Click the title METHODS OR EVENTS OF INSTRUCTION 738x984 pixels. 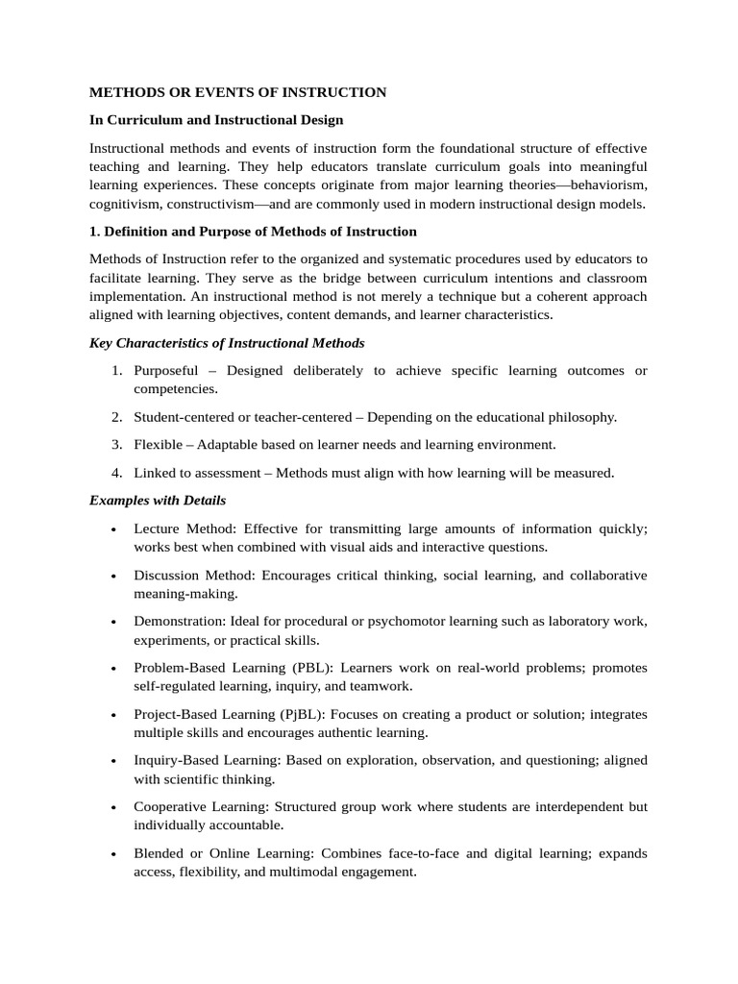[x=237, y=92]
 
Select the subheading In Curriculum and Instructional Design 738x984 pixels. [x=215, y=120]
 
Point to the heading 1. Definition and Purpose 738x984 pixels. [x=253, y=232]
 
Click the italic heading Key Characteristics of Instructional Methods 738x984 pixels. [x=227, y=343]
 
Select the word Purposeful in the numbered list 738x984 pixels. [x=166, y=371]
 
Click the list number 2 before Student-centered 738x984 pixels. [x=115, y=417]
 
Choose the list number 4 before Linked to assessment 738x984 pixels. [x=115, y=473]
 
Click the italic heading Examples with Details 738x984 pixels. [x=158, y=501]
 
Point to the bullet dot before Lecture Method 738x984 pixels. [x=115, y=529]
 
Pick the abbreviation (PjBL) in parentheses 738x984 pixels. [x=315, y=714]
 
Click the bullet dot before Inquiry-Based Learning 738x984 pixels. [x=115, y=761]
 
